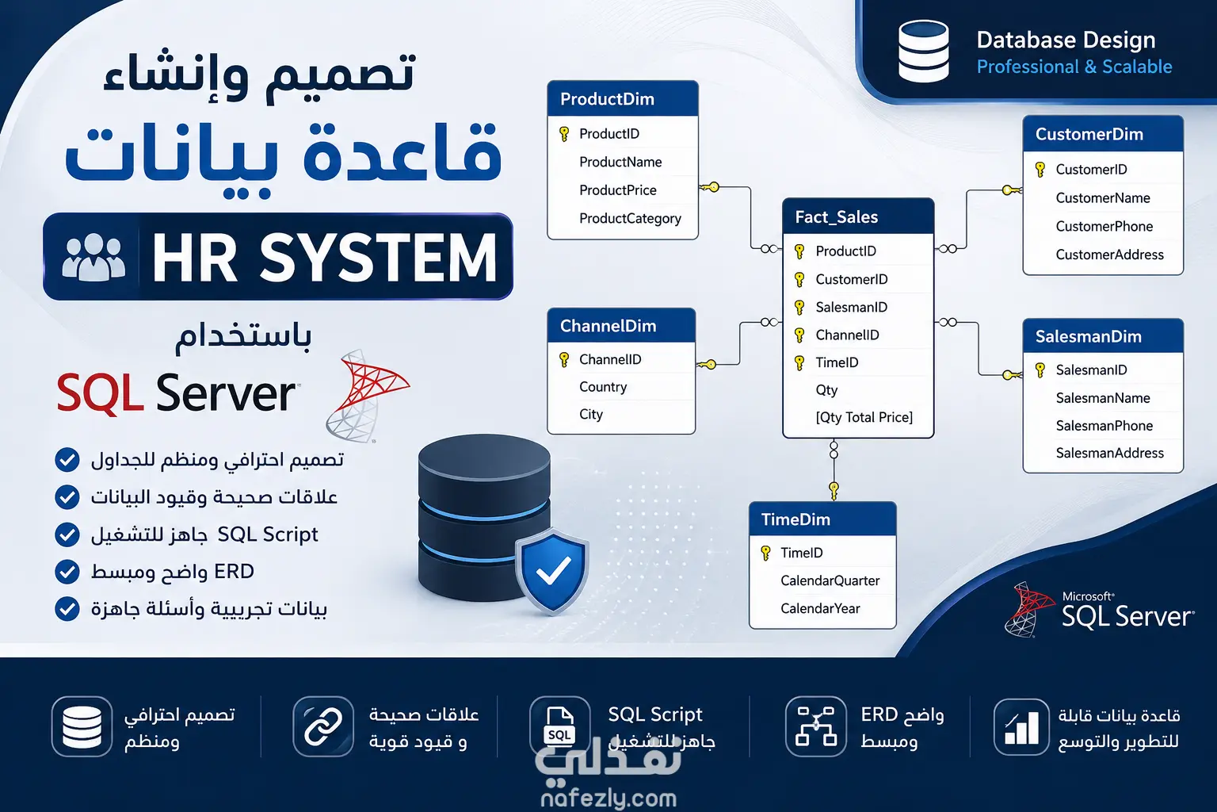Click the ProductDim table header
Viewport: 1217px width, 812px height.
tap(623, 98)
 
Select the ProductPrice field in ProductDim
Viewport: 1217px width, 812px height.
tap(618, 190)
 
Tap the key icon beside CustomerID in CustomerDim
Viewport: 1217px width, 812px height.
tap(1040, 170)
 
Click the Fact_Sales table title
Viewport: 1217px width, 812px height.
tap(836, 217)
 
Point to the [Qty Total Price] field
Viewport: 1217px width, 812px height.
tap(864, 417)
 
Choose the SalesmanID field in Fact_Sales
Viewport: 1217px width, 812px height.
tap(852, 308)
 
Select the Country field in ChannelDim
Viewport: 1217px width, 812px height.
tap(603, 387)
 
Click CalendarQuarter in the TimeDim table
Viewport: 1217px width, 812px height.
tap(830, 580)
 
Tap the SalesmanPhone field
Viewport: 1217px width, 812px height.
tap(1104, 425)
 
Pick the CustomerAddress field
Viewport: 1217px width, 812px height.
tap(1109, 255)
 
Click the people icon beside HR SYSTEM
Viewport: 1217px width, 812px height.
tap(93, 257)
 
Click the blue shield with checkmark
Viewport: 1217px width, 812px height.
tap(552, 570)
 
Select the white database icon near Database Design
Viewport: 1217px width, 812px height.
tap(924, 51)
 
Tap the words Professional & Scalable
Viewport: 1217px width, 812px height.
tap(1074, 67)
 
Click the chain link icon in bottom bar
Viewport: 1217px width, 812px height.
tap(323, 726)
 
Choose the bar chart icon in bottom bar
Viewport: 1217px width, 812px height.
tap(1021, 726)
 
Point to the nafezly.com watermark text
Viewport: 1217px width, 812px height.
tap(608, 798)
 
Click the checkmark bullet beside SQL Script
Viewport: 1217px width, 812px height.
tap(67, 534)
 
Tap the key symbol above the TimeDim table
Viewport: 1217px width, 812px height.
tap(834, 490)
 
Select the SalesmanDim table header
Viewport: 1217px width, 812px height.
tap(1103, 336)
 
